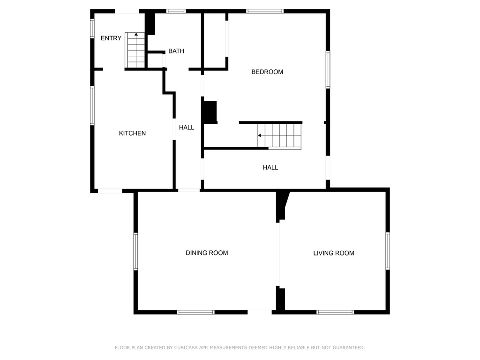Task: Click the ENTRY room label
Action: tap(111, 38)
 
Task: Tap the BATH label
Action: tap(176, 51)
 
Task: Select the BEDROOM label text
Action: tap(267, 72)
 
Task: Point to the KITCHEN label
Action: tap(132, 134)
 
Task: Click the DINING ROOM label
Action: tap(207, 253)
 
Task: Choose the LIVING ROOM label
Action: tap(334, 253)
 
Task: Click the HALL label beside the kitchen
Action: tap(187, 127)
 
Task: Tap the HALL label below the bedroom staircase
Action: tap(270, 167)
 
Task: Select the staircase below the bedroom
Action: tap(279, 136)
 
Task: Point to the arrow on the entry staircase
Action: tap(136, 34)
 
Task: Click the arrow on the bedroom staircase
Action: tap(259, 135)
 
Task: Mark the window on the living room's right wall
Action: tap(388, 251)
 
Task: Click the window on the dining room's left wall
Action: tap(135, 252)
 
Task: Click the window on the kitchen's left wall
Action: tap(92, 105)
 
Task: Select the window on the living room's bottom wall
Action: tap(335, 312)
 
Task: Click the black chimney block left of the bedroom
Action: tap(210, 112)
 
